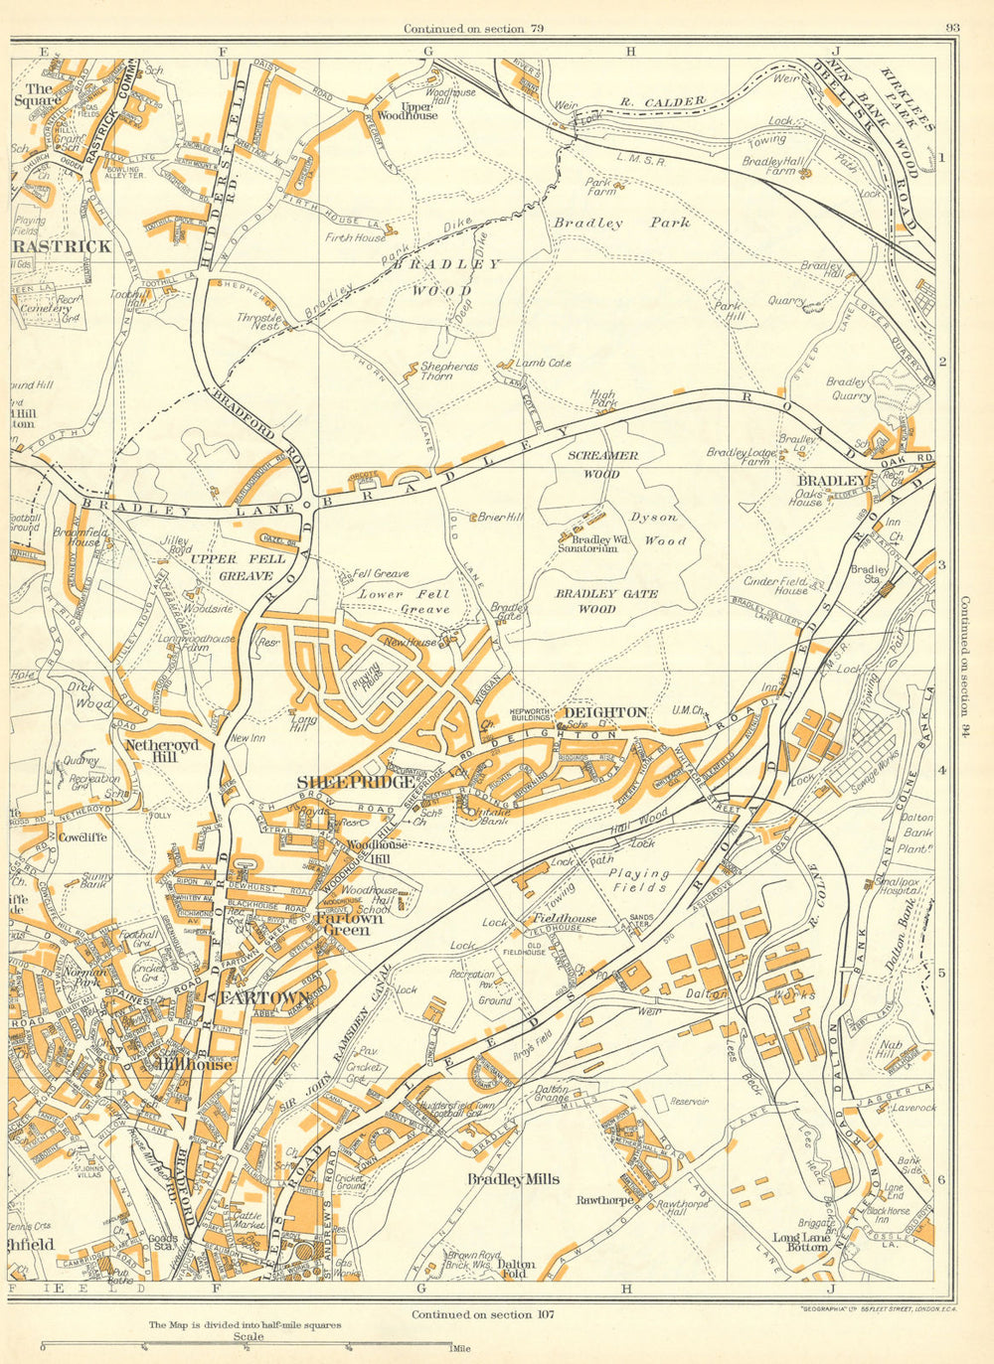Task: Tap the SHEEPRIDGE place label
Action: (x=355, y=783)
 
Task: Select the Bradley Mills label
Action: (x=513, y=1179)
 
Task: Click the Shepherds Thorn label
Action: (x=448, y=371)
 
